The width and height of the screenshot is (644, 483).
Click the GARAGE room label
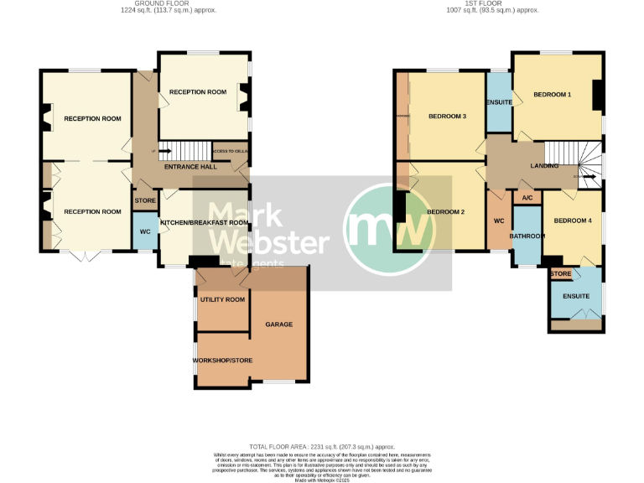pos(279,324)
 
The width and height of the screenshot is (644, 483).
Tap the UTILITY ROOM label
pos(222,299)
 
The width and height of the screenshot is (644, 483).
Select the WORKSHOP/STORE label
pos(221,360)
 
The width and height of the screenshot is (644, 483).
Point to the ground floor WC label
pos(144,231)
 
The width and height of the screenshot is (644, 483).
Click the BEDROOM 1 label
pos(552,94)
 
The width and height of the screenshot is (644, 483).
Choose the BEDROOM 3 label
pos(447,116)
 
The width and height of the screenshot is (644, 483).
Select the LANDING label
pos(544,167)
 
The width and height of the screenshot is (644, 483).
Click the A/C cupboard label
pos(527,198)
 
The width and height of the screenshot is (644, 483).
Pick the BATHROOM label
pos(528,236)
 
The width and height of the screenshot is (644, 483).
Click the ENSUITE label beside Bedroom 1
pos(499,102)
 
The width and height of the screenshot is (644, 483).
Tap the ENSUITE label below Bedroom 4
pos(575,296)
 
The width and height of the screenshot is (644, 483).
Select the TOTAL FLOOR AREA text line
pos(322,447)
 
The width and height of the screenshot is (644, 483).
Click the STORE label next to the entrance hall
pos(145,200)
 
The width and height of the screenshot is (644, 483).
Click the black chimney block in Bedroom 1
pos(598,95)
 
